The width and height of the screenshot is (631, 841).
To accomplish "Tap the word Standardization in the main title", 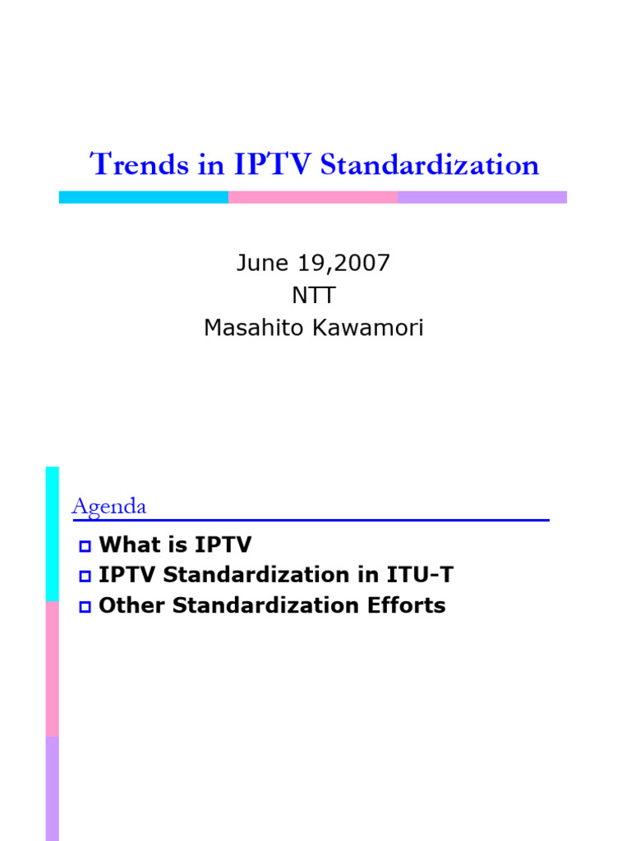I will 430,164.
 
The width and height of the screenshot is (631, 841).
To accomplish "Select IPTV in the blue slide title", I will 272,164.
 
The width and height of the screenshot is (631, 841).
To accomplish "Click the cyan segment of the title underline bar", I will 144,197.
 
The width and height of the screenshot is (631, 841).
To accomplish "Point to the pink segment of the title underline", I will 313,197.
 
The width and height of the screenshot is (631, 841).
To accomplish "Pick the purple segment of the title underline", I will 482,197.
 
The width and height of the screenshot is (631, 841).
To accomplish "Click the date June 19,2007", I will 313,263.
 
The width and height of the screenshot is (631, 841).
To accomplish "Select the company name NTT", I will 313,296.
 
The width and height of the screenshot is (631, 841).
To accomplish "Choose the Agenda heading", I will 108,507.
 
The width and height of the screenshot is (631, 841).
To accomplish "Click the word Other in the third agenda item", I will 126,606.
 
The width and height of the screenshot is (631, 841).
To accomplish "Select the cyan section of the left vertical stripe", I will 52,534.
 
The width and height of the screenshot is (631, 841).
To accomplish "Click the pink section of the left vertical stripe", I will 52,669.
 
